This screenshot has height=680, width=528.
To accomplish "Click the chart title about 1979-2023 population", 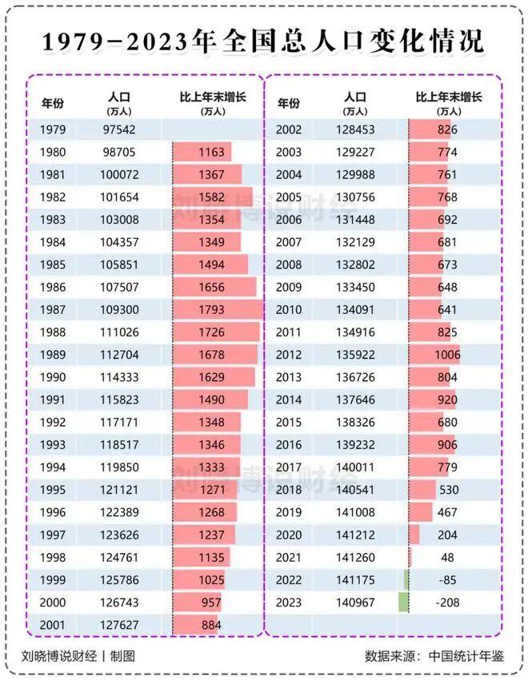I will tap(263, 42).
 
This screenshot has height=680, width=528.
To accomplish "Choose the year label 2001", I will tap(52, 625).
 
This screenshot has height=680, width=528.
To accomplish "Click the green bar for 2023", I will tap(403, 602).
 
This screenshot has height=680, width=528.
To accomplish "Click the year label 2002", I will tap(288, 129).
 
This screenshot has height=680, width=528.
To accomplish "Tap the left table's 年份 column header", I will tap(53, 103).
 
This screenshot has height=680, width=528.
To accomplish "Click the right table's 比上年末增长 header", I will tap(448, 98).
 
